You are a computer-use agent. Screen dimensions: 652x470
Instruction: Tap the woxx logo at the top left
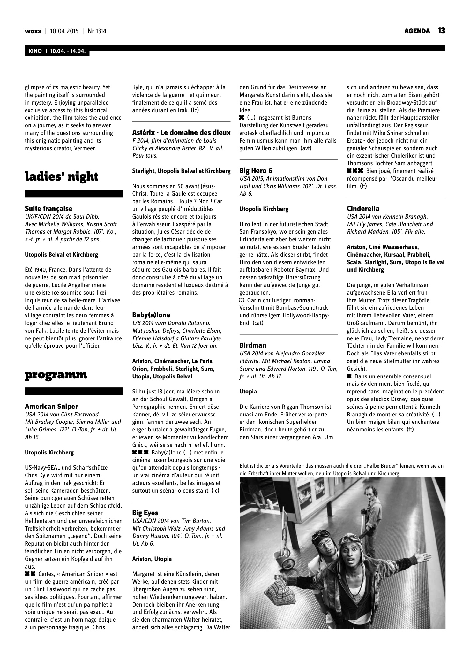33,31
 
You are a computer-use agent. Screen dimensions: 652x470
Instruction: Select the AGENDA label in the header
417,31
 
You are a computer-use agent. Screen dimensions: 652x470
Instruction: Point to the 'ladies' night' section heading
62,176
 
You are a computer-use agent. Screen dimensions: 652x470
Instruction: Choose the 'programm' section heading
56,375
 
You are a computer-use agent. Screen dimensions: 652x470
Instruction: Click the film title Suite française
48,209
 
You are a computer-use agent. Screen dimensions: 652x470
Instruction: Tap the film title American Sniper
51,406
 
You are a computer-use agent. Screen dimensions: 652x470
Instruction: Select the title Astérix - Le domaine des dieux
181,133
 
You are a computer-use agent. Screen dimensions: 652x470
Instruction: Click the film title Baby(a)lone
151,315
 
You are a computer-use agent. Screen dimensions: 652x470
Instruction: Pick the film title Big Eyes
145,513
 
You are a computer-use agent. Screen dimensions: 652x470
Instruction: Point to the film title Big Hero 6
256,171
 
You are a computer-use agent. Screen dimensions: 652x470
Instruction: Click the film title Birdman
253,345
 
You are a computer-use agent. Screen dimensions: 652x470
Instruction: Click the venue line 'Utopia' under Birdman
248,391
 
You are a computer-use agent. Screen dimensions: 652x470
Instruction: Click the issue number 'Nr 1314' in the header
97,31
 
